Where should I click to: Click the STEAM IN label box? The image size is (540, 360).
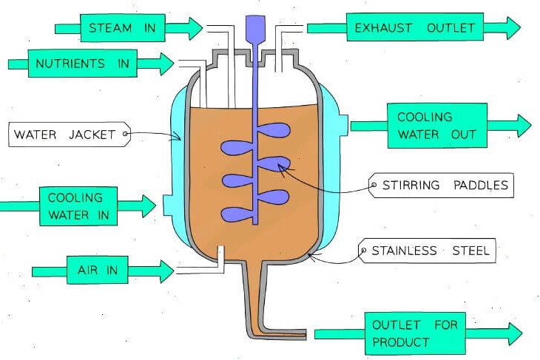(x=123, y=29)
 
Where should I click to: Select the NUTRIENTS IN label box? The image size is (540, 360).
(x=82, y=64)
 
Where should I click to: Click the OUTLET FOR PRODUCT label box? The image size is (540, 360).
(x=414, y=334)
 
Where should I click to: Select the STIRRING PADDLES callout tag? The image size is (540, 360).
(x=442, y=185)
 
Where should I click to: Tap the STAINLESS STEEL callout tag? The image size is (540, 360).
(x=426, y=251)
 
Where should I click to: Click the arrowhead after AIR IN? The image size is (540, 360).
(x=167, y=271)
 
